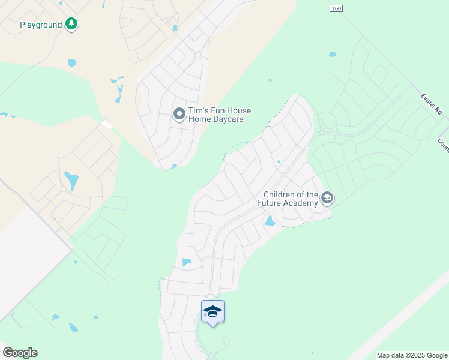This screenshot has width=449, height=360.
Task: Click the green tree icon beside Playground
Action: point(72,25)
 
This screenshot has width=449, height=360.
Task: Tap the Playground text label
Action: point(41,25)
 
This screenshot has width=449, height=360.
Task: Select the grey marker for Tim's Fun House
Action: point(179,113)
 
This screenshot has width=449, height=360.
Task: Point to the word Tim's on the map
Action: point(199,110)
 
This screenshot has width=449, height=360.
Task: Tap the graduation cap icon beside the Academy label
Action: point(327,197)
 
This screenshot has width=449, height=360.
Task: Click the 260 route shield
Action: point(336,8)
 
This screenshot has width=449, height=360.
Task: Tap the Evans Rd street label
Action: point(431,103)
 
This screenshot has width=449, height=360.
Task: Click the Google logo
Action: point(20,353)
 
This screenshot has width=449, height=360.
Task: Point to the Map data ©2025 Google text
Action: point(411,355)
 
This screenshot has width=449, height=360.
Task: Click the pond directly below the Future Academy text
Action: point(270,221)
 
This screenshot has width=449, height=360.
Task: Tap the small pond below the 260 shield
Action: point(332,55)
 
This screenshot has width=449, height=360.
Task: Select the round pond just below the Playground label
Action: point(72,62)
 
